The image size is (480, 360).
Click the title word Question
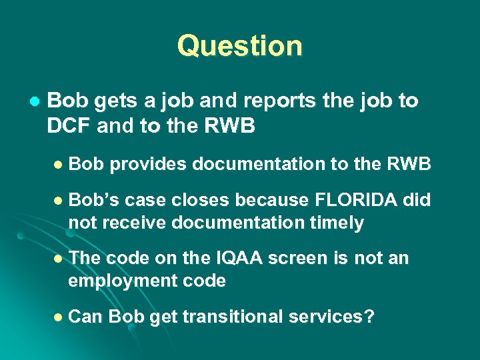coord(239,46)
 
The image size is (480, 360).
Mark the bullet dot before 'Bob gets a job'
coord(34,102)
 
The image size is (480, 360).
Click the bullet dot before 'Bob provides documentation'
coord(58,165)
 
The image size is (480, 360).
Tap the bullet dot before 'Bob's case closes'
coord(58,200)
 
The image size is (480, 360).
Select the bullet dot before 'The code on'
coord(58,259)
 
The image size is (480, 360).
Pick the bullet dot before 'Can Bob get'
coord(58,317)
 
